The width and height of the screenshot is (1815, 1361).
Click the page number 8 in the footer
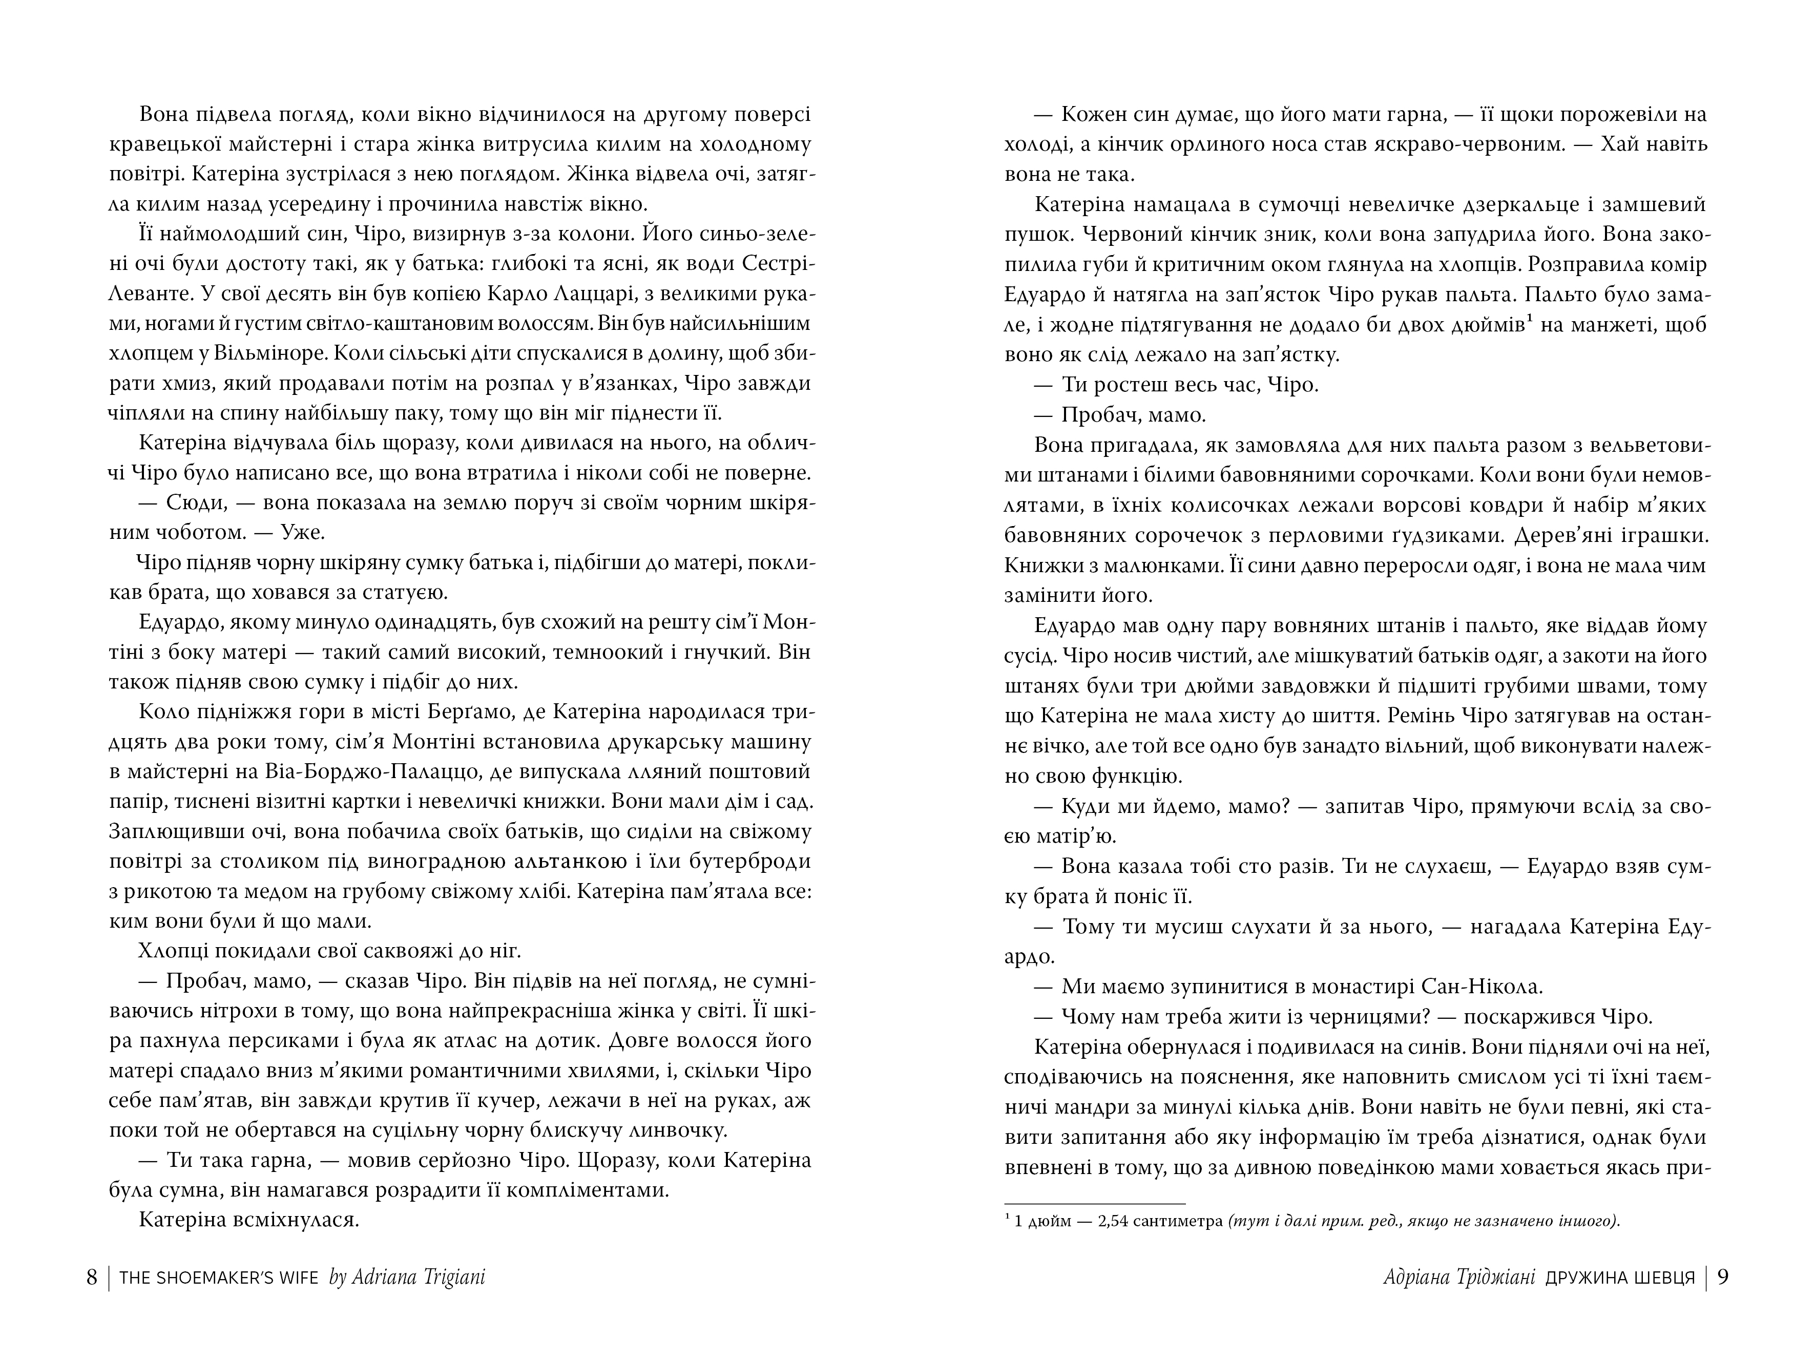[x=92, y=1278]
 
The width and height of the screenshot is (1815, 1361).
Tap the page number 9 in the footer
[x=1722, y=1278]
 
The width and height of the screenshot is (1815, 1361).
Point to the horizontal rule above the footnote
[x=1095, y=1203]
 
